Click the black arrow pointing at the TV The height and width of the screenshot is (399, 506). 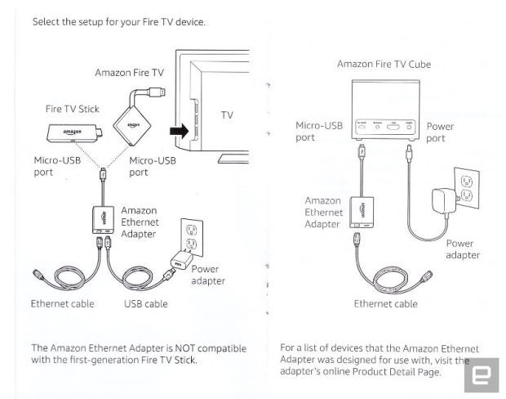[180, 131]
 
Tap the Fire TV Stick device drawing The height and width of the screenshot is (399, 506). [75, 133]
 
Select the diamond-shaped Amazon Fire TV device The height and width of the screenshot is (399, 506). [132, 125]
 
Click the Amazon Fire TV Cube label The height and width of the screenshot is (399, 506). [384, 64]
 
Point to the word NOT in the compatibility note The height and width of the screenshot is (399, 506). [184, 348]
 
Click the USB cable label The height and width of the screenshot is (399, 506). [146, 304]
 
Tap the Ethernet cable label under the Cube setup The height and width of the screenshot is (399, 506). [386, 304]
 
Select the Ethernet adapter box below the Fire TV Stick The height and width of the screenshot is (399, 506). [104, 220]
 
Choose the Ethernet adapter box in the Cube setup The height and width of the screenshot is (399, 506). [362, 213]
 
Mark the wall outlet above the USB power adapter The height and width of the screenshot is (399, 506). [192, 237]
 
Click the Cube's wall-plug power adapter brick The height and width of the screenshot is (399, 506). [444, 201]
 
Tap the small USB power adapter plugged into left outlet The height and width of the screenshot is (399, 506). [180, 261]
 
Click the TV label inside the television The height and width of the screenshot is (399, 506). [227, 114]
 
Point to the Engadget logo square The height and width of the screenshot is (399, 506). [482, 375]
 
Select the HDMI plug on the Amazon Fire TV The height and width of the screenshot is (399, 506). [158, 92]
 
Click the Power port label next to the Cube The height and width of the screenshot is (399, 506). [440, 132]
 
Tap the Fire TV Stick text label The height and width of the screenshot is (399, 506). [73, 109]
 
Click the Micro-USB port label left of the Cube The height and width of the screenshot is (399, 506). [319, 132]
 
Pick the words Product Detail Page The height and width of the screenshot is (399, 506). [396, 372]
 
